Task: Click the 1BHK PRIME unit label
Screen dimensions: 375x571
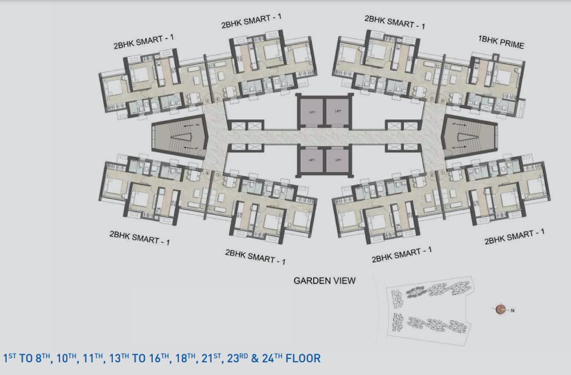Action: tap(501, 45)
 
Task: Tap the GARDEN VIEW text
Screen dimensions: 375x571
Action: tap(325, 281)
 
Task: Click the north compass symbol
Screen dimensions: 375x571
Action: tap(501, 308)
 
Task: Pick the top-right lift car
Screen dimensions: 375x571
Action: tap(338, 109)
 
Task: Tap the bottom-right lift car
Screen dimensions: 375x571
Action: tap(338, 160)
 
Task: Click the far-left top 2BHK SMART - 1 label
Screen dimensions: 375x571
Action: tap(144, 45)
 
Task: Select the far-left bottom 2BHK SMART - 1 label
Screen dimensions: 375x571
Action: tap(140, 238)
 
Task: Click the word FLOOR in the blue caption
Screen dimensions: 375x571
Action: tap(303, 358)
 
